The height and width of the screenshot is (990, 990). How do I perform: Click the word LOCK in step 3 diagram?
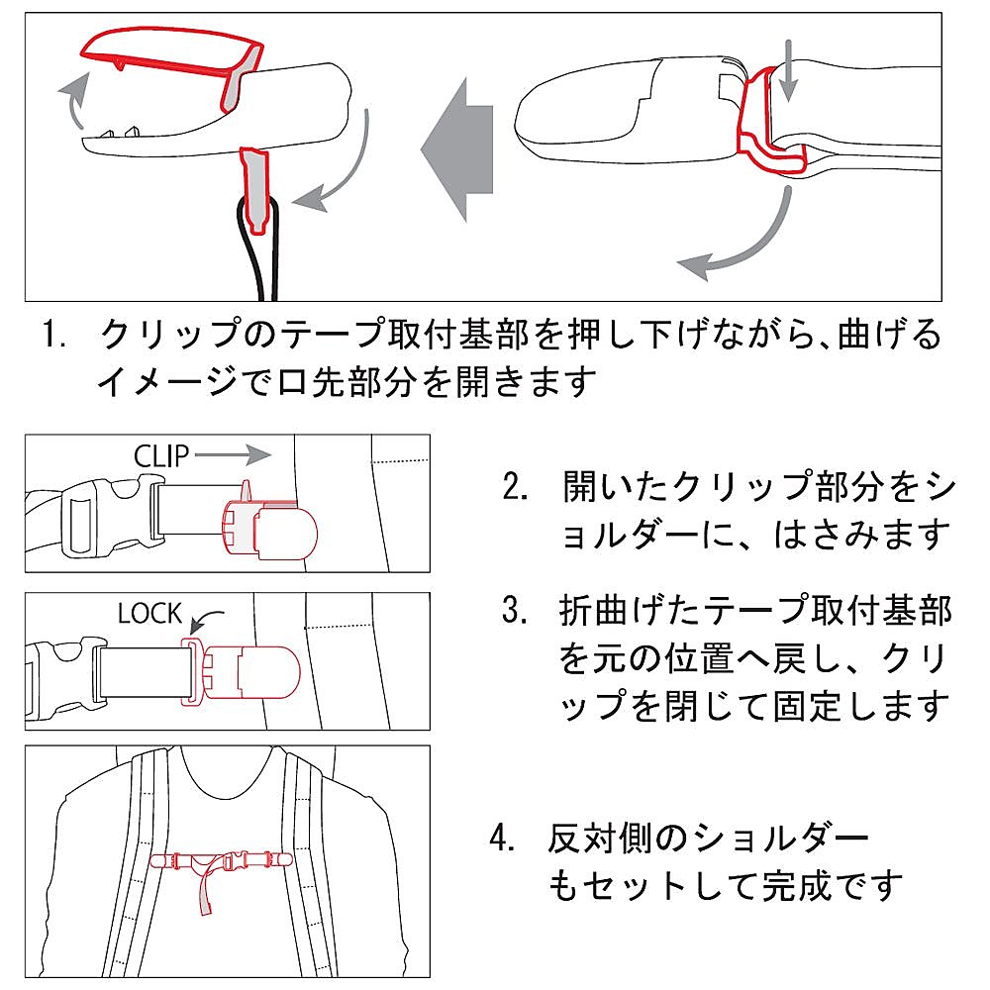tap(148, 614)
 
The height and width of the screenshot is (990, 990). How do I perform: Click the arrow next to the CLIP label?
tap(233, 454)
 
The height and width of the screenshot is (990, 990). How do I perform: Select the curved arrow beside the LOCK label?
tap(205, 622)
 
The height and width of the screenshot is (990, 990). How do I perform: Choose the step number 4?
tap(503, 840)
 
